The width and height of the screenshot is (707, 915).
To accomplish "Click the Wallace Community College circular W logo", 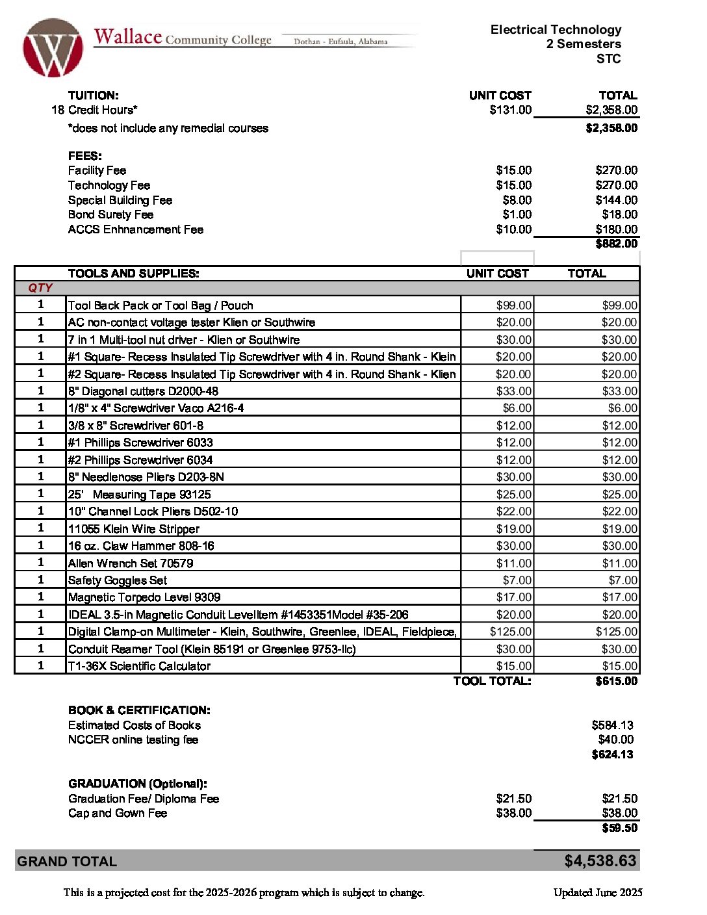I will tap(53, 48).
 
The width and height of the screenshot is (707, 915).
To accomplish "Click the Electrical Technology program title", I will tap(556, 30).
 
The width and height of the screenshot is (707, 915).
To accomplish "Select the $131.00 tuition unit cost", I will tap(510, 110).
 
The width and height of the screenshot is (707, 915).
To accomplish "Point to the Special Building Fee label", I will tap(120, 200).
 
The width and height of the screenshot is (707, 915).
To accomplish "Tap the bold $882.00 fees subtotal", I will tap(616, 244).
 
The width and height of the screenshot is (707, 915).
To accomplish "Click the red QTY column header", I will tap(40, 288).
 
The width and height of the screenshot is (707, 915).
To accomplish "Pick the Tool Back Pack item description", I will tap(161, 305).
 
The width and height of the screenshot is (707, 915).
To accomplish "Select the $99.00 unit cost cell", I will tap(513, 305).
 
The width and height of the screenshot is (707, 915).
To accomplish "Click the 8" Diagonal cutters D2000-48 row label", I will tap(143, 391).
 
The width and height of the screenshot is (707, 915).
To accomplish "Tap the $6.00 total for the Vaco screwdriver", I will tap(623, 408).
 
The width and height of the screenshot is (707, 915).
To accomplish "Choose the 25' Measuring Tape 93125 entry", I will tap(139, 495).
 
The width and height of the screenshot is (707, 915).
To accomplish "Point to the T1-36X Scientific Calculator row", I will tap(139, 666).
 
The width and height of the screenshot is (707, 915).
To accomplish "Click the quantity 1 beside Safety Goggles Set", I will tap(40, 580).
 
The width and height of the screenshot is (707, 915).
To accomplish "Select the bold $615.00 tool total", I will tap(616, 681).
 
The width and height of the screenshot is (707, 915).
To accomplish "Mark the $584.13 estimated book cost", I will tap(612, 725).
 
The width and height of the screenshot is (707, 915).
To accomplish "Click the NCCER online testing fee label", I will tap(133, 740).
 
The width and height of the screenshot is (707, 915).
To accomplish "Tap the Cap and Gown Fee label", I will tap(118, 813).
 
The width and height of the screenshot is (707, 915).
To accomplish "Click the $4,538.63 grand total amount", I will tap(600, 861).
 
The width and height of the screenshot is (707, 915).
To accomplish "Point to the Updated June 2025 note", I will tap(597, 892).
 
